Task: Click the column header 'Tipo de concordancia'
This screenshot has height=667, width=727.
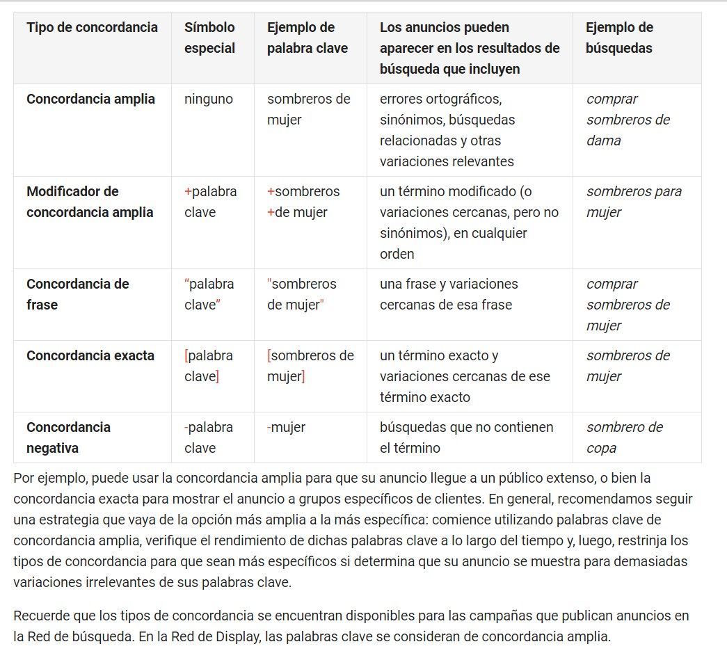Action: [x=92, y=28]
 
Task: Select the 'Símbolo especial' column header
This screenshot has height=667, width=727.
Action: [x=209, y=38]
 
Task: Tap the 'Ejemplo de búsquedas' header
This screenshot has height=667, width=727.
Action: [x=619, y=38]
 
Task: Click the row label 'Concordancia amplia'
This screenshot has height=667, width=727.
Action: [x=90, y=99]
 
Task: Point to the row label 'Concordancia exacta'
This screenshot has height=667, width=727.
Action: [x=90, y=356]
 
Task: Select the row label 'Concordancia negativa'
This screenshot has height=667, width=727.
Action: [x=68, y=437]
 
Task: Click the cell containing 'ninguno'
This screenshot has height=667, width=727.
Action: [x=209, y=99]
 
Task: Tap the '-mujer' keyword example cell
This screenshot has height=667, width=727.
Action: [x=286, y=428]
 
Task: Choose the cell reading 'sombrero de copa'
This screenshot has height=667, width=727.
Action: [x=624, y=437]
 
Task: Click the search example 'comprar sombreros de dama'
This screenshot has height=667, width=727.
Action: [x=628, y=120]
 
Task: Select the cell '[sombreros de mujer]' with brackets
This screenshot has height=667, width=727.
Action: [x=310, y=366]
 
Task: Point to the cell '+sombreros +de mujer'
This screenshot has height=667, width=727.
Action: [x=303, y=202]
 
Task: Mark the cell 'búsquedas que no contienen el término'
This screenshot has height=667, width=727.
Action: [x=466, y=437]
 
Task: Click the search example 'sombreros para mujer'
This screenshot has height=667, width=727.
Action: [x=633, y=202]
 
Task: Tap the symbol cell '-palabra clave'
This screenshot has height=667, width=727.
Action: [x=209, y=437]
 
